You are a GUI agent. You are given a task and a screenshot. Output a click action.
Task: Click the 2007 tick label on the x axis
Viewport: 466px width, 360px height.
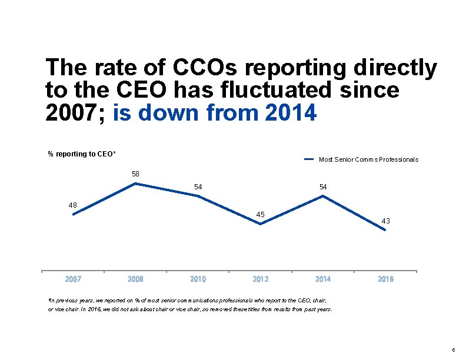click(x=73, y=279)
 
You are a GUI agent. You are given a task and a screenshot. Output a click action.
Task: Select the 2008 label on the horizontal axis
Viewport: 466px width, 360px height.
click(x=135, y=279)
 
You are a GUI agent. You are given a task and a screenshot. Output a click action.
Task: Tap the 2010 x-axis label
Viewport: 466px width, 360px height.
click(x=198, y=279)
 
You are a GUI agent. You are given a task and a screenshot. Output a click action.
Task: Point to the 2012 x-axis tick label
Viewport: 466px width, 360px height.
click(x=261, y=279)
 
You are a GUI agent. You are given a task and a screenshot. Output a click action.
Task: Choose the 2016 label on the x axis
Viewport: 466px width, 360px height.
click(x=385, y=279)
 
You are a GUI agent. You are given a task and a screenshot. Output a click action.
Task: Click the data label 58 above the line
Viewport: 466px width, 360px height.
click(x=135, y=174)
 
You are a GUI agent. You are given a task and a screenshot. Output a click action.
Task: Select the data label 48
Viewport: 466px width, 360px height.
click(x=73, y=205)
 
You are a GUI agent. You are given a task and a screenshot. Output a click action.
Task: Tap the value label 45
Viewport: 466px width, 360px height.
click(x=261, y=214)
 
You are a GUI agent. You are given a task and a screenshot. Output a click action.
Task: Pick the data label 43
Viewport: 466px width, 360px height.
click(x=385, y=221)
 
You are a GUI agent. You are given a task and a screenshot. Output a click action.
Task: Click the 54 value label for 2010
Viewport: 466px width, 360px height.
click(x=198, y=186)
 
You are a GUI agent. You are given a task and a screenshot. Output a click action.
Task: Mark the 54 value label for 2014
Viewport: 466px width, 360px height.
click(x=323, y=186)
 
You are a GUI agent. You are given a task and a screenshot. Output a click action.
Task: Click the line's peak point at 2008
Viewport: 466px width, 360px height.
click(x=136, y=184)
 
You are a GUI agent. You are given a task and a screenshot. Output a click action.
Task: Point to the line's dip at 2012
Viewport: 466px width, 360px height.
click(x=261, y=224)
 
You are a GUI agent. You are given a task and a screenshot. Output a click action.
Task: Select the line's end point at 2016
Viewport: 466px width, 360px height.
click(x=385, y=230)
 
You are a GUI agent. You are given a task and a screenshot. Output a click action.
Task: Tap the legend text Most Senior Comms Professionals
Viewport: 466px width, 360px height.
click(x=368, y=159)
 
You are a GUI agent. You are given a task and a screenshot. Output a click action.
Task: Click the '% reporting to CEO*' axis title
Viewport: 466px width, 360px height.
click(x=82, y=154)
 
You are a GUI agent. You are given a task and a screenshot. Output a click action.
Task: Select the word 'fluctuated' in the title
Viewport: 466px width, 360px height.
click(x=274, y=91)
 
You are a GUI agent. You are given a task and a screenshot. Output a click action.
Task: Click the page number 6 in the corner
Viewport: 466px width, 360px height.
click(x=452, y=349)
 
